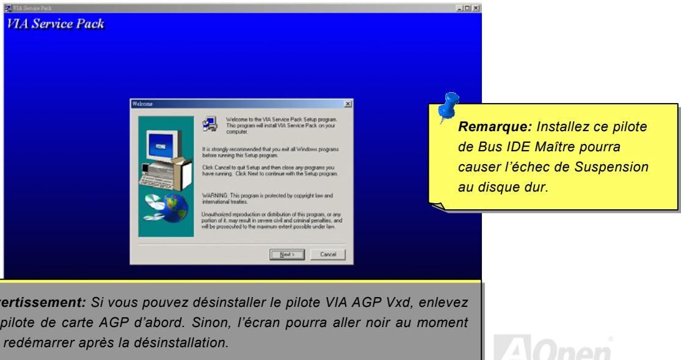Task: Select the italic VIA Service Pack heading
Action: tap(56, 26)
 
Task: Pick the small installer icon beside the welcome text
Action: tap(209, 123)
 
